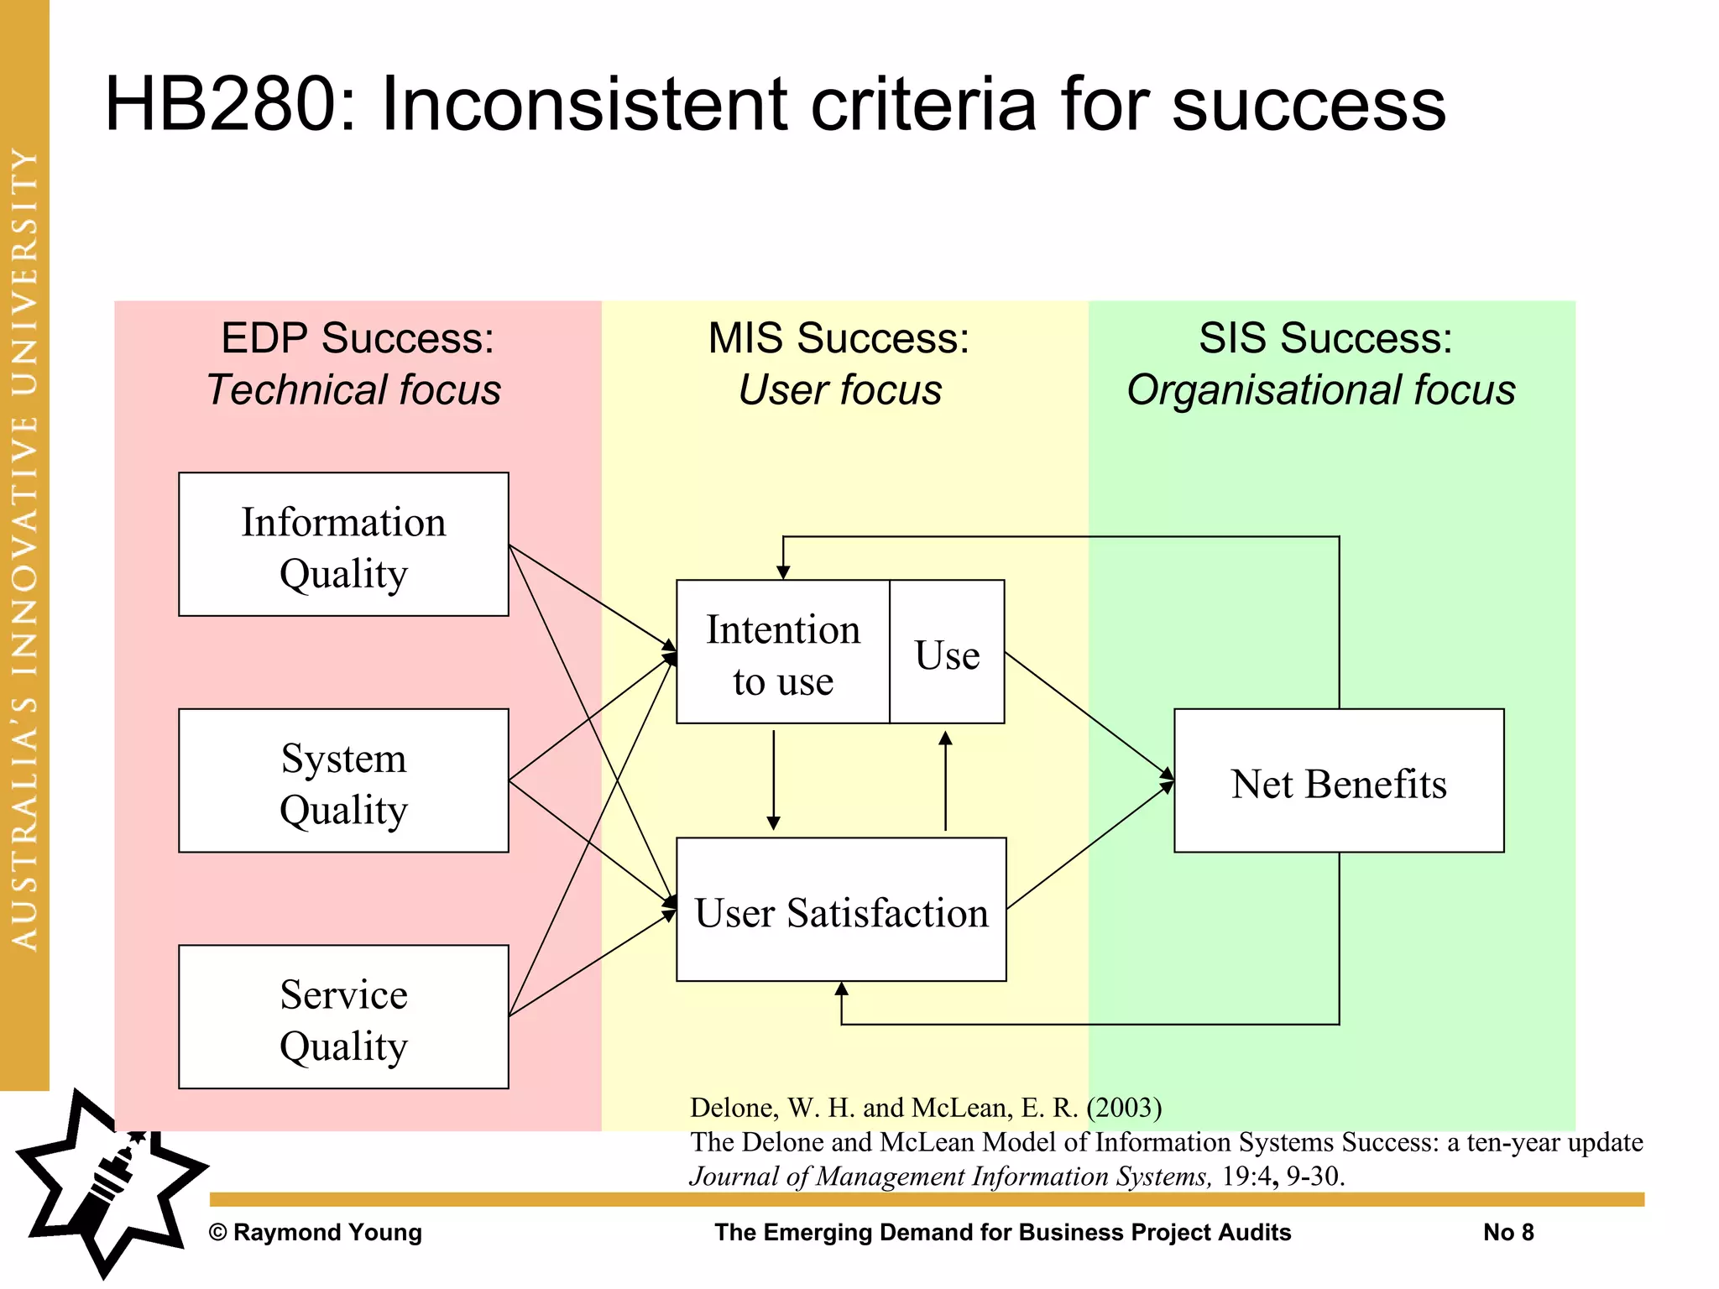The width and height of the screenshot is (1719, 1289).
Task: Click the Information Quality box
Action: click(343, 545)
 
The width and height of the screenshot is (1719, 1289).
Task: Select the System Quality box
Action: click(343, 780)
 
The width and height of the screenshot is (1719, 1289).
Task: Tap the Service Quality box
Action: click(343, 1016)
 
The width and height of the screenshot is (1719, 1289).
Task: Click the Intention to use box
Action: click(782, 652)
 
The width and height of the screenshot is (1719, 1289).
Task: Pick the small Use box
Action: click(947, 652)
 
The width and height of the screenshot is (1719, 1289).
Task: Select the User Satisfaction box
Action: click(841, 910)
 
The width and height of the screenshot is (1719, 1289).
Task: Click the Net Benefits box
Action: click(1339, 781)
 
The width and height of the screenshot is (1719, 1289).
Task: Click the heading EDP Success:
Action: click(358, 338)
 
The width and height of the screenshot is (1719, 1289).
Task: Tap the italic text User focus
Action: click(839, 390)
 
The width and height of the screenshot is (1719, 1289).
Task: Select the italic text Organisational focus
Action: click(1321, 390)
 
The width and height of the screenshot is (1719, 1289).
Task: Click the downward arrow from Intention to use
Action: click(774, 780)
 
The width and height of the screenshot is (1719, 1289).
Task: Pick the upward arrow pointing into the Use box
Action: click(945, 780)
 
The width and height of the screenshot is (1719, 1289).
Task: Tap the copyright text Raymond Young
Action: click(316, 1232)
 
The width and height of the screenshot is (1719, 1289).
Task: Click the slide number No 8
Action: click(1508, 1232)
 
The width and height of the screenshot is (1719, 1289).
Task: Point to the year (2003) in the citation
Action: click(1124, 1108)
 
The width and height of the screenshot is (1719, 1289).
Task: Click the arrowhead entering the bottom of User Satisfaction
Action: click(842, 989)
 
